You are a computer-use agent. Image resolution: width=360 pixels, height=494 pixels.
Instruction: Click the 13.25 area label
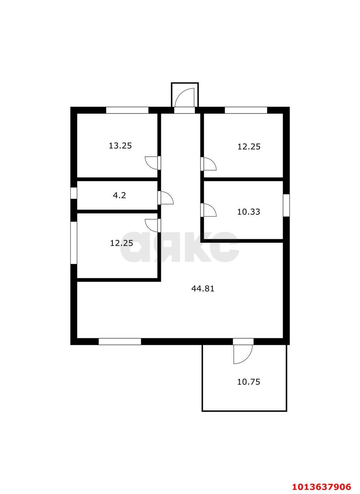pos(120,146)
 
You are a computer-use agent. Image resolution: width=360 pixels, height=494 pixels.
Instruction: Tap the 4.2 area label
pos(119,195)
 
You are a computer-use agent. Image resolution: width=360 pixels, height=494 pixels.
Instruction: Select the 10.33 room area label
pos(248,212)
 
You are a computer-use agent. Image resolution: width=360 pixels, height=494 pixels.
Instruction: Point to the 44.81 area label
pos(203,288)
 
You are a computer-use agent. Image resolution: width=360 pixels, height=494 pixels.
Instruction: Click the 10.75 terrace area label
pos(248,382)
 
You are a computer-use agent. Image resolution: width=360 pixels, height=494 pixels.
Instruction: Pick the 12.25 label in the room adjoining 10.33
pos(249,147)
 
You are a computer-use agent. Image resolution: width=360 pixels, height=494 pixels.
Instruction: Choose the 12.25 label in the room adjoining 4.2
pos(122,243)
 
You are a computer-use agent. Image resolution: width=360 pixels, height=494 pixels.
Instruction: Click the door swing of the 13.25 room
pos(151,162)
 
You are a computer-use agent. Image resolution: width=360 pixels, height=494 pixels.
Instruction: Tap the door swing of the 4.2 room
pos(167,198)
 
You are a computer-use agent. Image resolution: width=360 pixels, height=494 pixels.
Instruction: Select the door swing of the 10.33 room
pos(210,210)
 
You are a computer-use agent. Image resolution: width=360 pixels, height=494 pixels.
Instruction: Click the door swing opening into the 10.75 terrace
pos(243,354)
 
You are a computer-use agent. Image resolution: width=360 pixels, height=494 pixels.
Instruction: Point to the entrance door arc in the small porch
pos(184,97)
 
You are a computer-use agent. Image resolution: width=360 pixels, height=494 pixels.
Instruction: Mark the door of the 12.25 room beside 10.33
pos(210,164)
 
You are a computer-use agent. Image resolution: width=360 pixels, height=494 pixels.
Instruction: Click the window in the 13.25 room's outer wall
pos(127,110)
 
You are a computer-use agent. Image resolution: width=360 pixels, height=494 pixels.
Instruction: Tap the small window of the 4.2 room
pos(74,193)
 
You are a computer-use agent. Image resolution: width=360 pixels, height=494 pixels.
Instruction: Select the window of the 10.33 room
pos(286,205)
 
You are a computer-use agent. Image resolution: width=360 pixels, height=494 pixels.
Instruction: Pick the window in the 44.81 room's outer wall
pos(120,342)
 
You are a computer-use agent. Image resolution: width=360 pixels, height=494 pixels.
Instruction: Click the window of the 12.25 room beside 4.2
pos(74,242)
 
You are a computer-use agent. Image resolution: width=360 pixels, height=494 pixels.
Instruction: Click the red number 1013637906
pos(321,487)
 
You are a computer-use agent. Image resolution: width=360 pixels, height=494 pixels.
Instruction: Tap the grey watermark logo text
pos(179,247)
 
